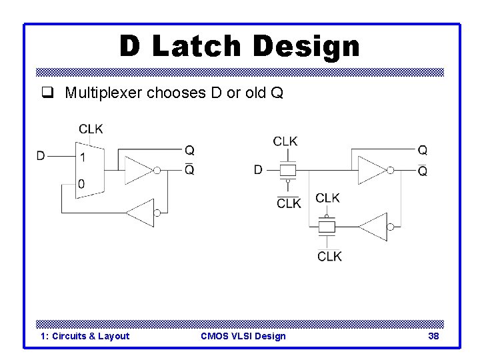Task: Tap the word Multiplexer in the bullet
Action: (103, 93)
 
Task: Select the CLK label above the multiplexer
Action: (91, 129)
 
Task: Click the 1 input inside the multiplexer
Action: (83, 157)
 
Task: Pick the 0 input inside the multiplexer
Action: (82, 183)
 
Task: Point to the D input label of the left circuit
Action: (41, 156)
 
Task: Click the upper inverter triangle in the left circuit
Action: (138, 171)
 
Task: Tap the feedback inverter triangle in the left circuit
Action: (141, 213)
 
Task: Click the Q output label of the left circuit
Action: (189, 151)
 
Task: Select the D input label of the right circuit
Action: (258, 169)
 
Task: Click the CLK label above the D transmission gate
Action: (285, 141)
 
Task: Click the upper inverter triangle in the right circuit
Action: (371, 170)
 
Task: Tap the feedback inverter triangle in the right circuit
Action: (373, 227)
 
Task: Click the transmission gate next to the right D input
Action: (287, 170)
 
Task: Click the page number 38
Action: (433, 336)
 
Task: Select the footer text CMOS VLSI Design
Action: (243, 336)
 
